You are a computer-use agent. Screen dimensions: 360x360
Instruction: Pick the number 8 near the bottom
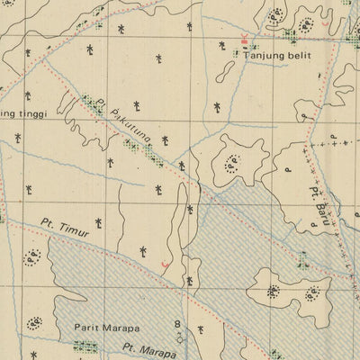point(177,324)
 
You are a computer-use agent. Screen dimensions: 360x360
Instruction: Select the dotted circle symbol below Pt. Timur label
point(34,259)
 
